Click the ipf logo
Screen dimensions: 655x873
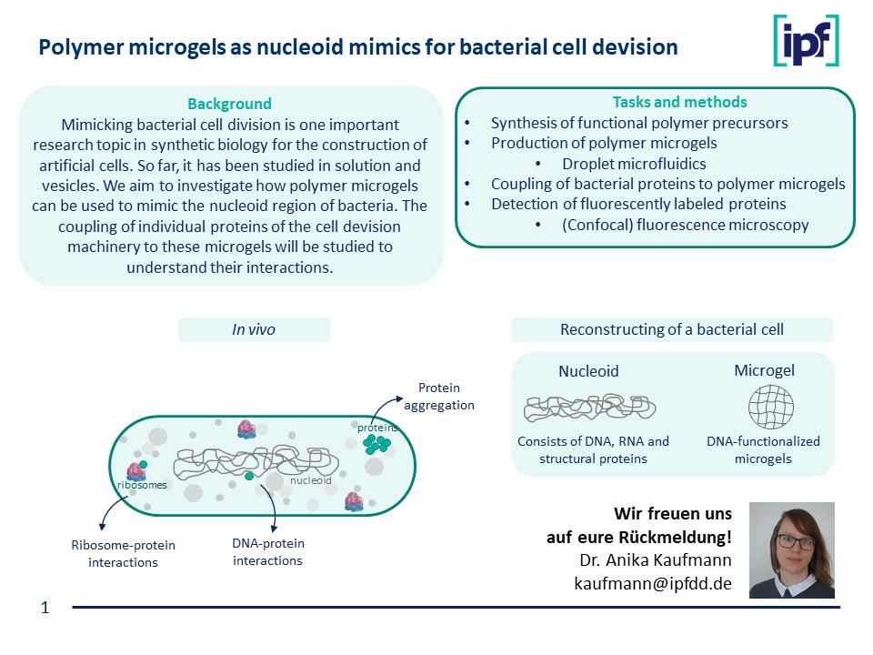[806, 41]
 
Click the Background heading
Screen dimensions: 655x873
[229, 104]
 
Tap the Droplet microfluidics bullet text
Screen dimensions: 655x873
[634, 164]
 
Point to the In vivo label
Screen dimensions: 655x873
[254, 330]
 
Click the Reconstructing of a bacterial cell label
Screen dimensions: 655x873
[672, 329]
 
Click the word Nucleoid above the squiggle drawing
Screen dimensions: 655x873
[588, 371]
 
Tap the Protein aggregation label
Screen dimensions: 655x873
[439, 397]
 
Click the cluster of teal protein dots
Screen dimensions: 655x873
[376, 443]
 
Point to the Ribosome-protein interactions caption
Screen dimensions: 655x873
[123, 553]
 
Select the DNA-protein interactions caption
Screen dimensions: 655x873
[267, 551]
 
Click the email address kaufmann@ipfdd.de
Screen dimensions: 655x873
[653, 582]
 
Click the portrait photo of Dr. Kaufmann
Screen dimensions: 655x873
[791, 549]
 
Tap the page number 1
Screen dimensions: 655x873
[45, 607]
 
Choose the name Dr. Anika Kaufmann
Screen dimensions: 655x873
[655, 559]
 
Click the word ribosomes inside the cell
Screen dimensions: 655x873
[142, 485]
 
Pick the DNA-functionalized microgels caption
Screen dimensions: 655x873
[763, 449]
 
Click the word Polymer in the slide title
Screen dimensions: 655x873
[74, 47]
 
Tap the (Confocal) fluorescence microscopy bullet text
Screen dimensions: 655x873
[685, 225]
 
